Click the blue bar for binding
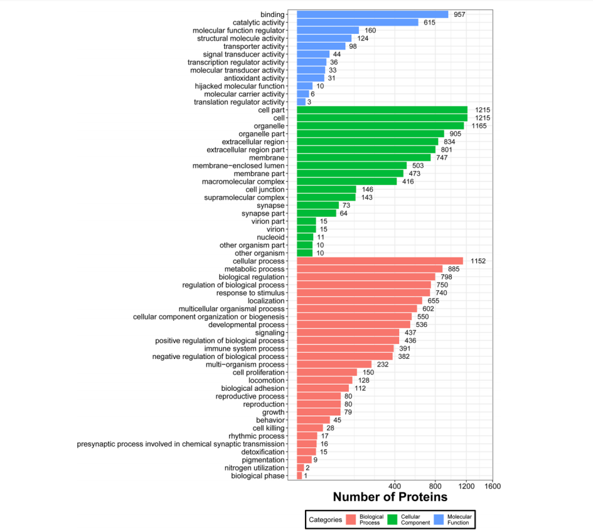click(372, 14)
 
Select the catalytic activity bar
click(357, 23)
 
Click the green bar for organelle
click(380, 126)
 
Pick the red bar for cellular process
click(379, 261)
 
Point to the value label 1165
click(479, 126)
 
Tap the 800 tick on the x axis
click(435, 486)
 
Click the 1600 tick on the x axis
click(492, 486)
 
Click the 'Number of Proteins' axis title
click(390, 497)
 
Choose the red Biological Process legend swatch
click(351, 519)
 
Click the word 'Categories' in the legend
click(325, 519)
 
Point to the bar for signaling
click(348, 333)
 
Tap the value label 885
click(454, 269)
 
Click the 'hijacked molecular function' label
click(240, 86)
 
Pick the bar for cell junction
click(326, 189)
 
